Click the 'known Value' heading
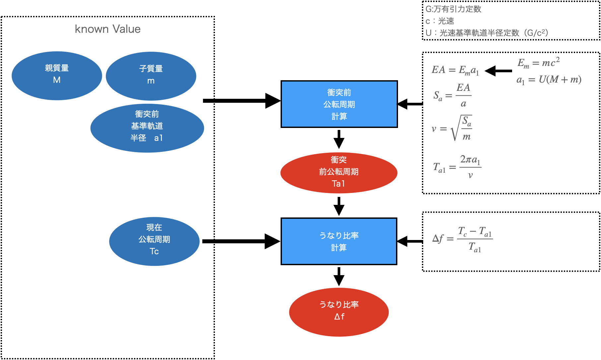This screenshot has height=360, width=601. tap(107, 29)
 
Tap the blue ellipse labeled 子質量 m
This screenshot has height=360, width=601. tap(151, 76)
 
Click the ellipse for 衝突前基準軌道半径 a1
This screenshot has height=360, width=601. tap(147, 128)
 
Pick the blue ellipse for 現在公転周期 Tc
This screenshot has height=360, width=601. tap(154, 241)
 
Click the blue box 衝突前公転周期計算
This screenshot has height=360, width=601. tap(339, 104)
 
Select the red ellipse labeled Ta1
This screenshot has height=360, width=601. tap(339, 173)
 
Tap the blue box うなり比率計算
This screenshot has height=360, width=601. tap(339, 241)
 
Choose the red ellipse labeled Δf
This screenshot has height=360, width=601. tap(339, 312)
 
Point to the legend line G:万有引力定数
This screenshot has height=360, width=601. tap(453, 9)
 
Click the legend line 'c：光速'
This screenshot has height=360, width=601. tap(440, 21)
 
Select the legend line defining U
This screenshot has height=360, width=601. tap(487, 33)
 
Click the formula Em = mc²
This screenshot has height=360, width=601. tap(538, 62)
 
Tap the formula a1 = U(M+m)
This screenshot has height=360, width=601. tap(549, 80)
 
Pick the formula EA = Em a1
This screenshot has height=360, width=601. tap(455, 70)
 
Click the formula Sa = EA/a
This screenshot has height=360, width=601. tap(452, 95)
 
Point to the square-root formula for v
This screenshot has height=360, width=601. tap(451, 128)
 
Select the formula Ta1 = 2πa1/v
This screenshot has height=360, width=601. tap(457, 167)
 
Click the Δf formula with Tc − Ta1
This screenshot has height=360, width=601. tap(462, 239)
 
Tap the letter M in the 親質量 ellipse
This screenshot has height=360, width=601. tap(57, 80)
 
